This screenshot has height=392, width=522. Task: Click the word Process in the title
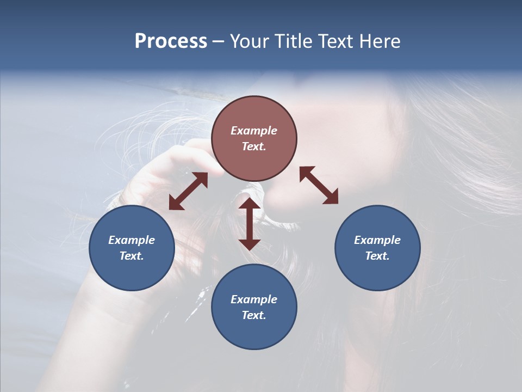pyautogui.click(x=171, y=41)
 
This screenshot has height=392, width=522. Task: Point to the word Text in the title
pyautogui.click(x=339, y=41)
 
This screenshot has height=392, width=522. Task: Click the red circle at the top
pyautogui.click(x=254, y=139)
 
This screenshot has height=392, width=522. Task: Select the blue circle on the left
pyautogui.click(x=132, y=248)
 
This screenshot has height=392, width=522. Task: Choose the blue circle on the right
pyautogui.click(x=377, y=248)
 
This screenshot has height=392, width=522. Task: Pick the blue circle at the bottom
pyautogui.click(x=254, y=307)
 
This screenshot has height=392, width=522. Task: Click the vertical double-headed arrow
pyautogui.click(x=250, y=224)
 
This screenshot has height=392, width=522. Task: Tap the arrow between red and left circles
pyautogui.click(x=188, y=191)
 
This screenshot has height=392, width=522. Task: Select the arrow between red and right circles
pyautogui.click(x=319, y=185)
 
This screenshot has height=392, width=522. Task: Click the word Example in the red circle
pyautogui.click(x=254, y=131)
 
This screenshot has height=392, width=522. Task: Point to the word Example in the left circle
pyautogui.click(x=132, y=240)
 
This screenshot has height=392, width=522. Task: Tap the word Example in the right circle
pyautogui.click(x=377, y=240)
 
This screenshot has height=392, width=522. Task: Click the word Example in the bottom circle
pyautogui.click(x=254, y=299)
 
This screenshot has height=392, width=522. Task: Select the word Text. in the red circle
pyautogui.click(x=254, y=146)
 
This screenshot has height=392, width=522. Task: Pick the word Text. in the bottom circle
pyautogui.click(x=254, y=315)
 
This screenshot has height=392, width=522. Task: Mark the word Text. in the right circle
pyautogui.click(x=377, y=256)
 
